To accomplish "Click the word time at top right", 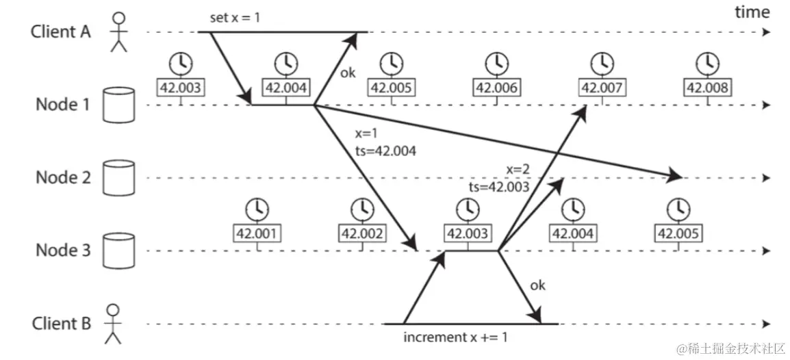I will click(752, 12).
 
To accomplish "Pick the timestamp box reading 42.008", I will click(707, 88).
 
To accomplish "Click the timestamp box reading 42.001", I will click(257, 234).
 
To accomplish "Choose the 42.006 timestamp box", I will click(496, 88).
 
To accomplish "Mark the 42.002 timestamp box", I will click(361, 234).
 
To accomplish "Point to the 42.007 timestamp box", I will click(602, 88).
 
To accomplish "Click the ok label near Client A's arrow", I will click(348, 73).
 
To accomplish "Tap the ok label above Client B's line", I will click(537, 285).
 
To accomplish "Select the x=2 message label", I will click(519, 169).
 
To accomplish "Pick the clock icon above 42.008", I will click(707, 62).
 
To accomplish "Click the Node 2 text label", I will click(63, 178).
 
